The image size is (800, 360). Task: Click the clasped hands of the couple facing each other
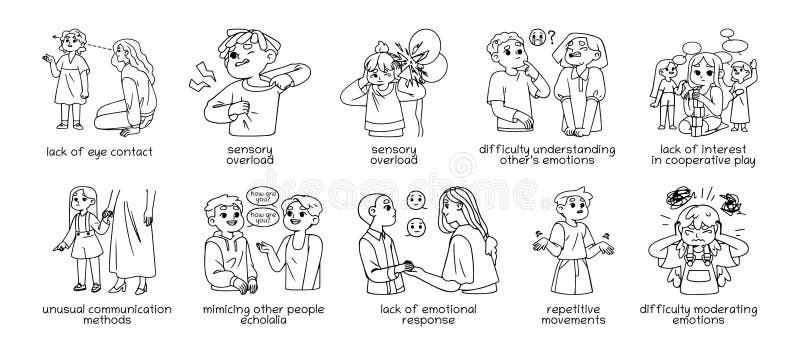coord(408,264)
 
